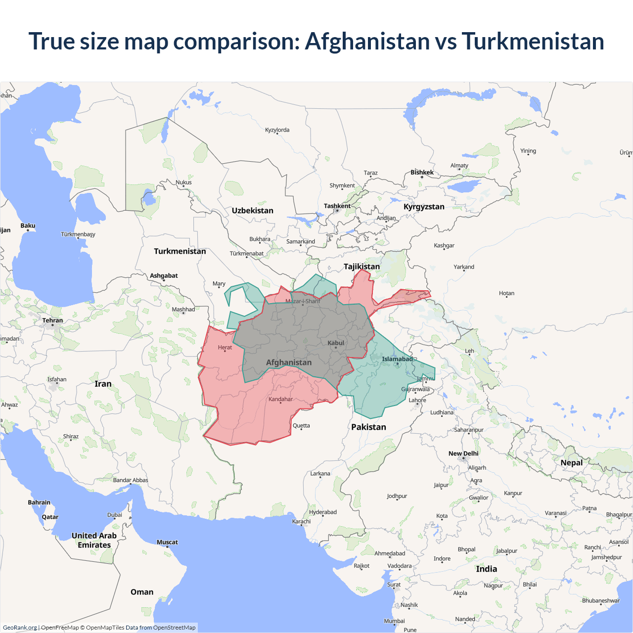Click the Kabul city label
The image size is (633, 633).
pos(336,343)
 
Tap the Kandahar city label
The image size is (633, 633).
pos(280,399)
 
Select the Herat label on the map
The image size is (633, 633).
pos(225,347)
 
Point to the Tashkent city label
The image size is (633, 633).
pos(337,206)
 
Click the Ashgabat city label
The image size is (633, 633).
pos(164,275)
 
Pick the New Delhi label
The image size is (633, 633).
pos(463,453)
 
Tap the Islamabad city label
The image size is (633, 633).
pos(397,359)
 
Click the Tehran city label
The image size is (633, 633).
pos(52,320)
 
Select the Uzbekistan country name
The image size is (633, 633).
pos(252,210)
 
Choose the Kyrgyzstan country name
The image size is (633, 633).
pos(424,206)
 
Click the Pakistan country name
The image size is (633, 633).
pos(368,427)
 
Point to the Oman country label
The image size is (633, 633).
pos(142,592)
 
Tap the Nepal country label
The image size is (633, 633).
pos(571,462)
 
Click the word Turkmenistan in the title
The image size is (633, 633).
pos(533,41)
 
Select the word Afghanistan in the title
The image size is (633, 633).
pos(367,41)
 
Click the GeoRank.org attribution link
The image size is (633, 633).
pos(20,628)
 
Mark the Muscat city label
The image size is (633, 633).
pos(167,542)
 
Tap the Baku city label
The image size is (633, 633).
pos(28,226)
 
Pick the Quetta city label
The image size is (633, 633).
pos(301,425)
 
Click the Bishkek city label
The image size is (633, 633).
pos(422,172)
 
